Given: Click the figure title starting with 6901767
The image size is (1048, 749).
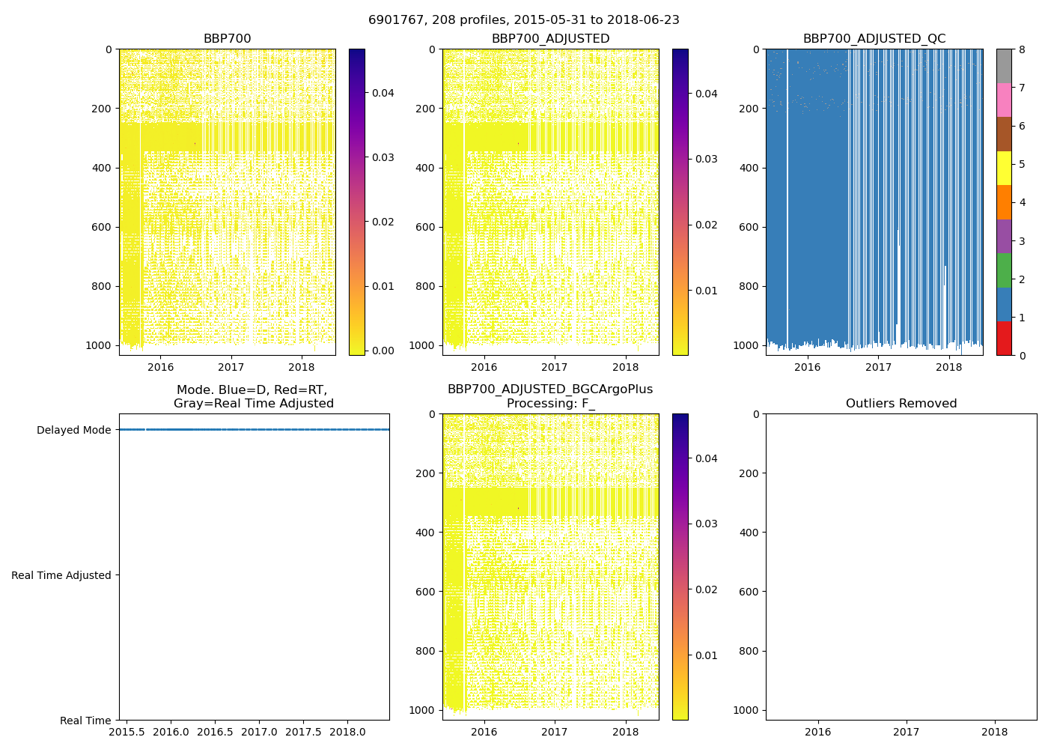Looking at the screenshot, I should [524, 20].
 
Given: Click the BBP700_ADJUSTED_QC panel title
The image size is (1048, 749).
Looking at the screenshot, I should [874, 39].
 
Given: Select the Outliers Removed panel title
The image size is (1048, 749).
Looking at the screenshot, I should [901, 404].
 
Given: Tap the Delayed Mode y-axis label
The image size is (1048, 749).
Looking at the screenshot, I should [73, 430].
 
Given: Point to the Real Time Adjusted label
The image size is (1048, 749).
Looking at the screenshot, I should [61, 575].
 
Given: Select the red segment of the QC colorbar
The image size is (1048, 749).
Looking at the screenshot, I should [1004, 339].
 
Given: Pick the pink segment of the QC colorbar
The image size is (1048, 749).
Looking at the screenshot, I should [1004, 100].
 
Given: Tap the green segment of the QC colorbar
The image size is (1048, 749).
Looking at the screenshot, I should [1004, 270].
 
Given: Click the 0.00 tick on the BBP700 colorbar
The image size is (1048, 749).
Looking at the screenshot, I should [383, 351].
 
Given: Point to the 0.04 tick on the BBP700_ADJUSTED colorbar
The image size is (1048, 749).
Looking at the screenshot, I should [706, 94].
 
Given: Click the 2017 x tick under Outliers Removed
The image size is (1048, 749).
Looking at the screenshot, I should [906, 732].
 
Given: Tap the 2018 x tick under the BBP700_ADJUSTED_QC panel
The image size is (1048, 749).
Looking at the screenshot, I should [949, 367].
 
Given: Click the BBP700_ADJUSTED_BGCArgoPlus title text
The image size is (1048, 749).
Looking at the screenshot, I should [550, 389].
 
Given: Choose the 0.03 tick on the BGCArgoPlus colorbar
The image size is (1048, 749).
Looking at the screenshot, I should [706, 524].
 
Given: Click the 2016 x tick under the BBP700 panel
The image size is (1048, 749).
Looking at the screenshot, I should [160, 367].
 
